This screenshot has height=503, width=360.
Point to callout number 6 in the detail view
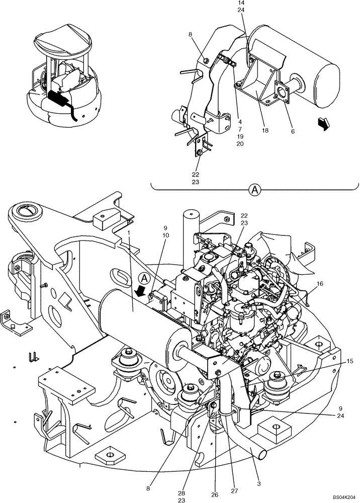(x=293, y=131)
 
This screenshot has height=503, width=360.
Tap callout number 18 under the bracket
(x=265, y=130)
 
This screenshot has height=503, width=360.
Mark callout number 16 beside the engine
(x=321, y=284)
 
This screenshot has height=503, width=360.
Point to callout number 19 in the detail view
(x=240, y=136)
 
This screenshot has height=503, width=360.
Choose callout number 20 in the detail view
(x=240, y=144)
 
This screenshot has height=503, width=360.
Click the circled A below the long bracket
(x=255, y=190)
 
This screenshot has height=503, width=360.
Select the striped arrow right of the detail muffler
(x=326, y=123)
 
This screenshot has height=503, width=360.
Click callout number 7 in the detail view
(x=240, y=129)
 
